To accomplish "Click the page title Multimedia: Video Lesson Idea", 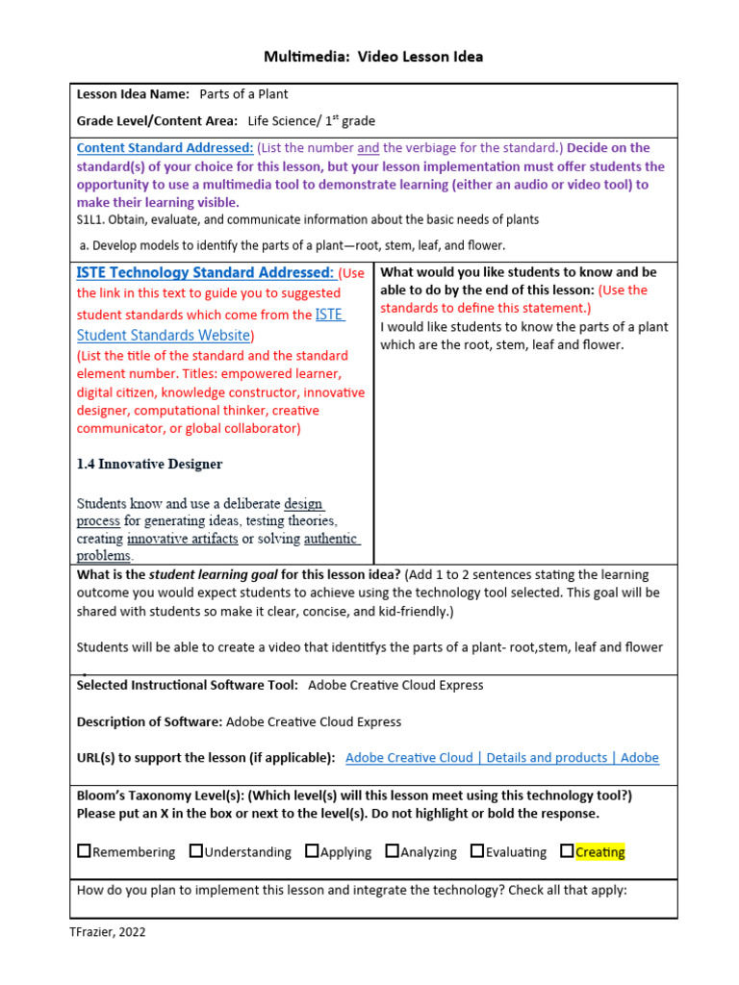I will pos(373,57).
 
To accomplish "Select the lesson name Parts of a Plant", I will pos(243,94).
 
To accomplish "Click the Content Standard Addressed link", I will pos(165,148).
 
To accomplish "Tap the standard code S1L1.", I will pos(92,219).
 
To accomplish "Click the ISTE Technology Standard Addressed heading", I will pos(205,273).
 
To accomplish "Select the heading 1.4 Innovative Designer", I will pos(149,464).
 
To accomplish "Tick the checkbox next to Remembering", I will pos(84,851).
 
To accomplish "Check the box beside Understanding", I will pos(196,851).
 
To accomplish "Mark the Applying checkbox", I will pos(312,851).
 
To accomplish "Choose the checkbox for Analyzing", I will pos(392,851).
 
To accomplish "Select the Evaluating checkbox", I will pos(477,851).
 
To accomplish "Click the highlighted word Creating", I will pos(599,852).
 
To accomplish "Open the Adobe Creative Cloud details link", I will pos(501,758).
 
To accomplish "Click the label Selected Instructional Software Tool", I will pos(188,686).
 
